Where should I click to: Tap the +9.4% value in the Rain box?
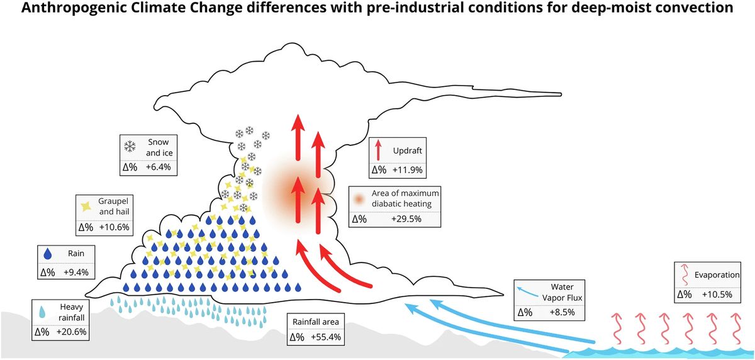76,273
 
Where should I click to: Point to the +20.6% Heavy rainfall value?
72,331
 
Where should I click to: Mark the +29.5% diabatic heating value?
407,218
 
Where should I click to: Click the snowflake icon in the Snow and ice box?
130,147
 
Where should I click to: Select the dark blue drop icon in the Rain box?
48,254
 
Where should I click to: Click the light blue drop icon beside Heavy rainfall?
42,311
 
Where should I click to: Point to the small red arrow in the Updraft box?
377,150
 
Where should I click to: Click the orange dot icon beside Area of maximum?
359,198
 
